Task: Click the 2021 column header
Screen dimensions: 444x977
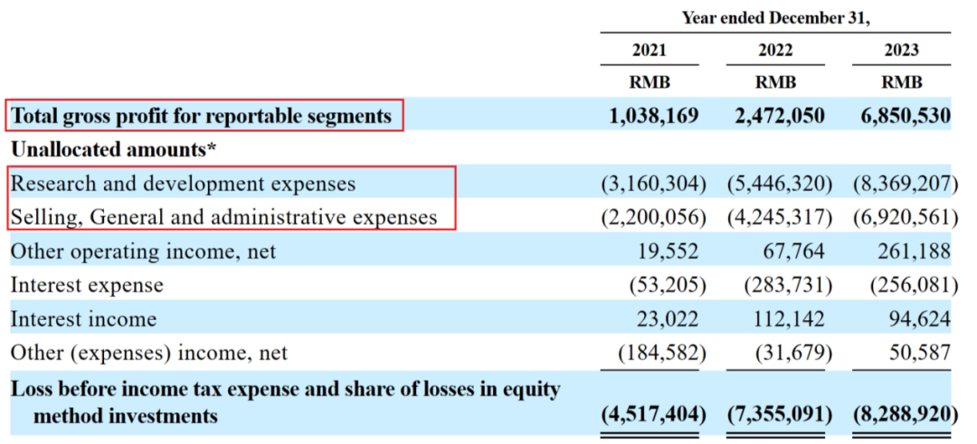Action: pyautogui.click(x=649, y=50)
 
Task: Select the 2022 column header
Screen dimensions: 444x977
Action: pyautogui.click(x=776, y=50)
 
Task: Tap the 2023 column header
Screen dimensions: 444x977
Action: pyautogui.click(x=902, y=50)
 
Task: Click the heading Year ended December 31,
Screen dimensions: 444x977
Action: pyautogui.click(x=775, y=17)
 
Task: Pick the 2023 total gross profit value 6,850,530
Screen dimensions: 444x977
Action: pyautogui.click(x=901, y=116)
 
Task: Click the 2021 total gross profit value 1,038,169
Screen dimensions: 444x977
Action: pyautogui.click(x=649, y=116)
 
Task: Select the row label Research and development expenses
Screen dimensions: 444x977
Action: pyautogui.click(x=183, y=184)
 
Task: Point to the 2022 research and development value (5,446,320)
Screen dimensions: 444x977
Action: pyautogui.click(x=779, y=184)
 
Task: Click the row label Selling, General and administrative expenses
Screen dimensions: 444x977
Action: pyautogui.click(x=223, y=217)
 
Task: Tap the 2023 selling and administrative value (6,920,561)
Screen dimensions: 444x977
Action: pyautogui.click(x=905, y=217)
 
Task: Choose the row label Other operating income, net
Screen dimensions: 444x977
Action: pyautogui.click(x=143, y=250)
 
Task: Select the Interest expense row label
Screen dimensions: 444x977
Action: pyautogui.click(x=87, y=285)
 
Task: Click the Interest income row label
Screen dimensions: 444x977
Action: pyautogui.click(x=83, y=318)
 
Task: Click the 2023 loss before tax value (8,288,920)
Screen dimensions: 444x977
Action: pyautogui.click(x=905, y=415)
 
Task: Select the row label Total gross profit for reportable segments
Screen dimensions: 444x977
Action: pyautogui.click(x=201, y=116)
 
